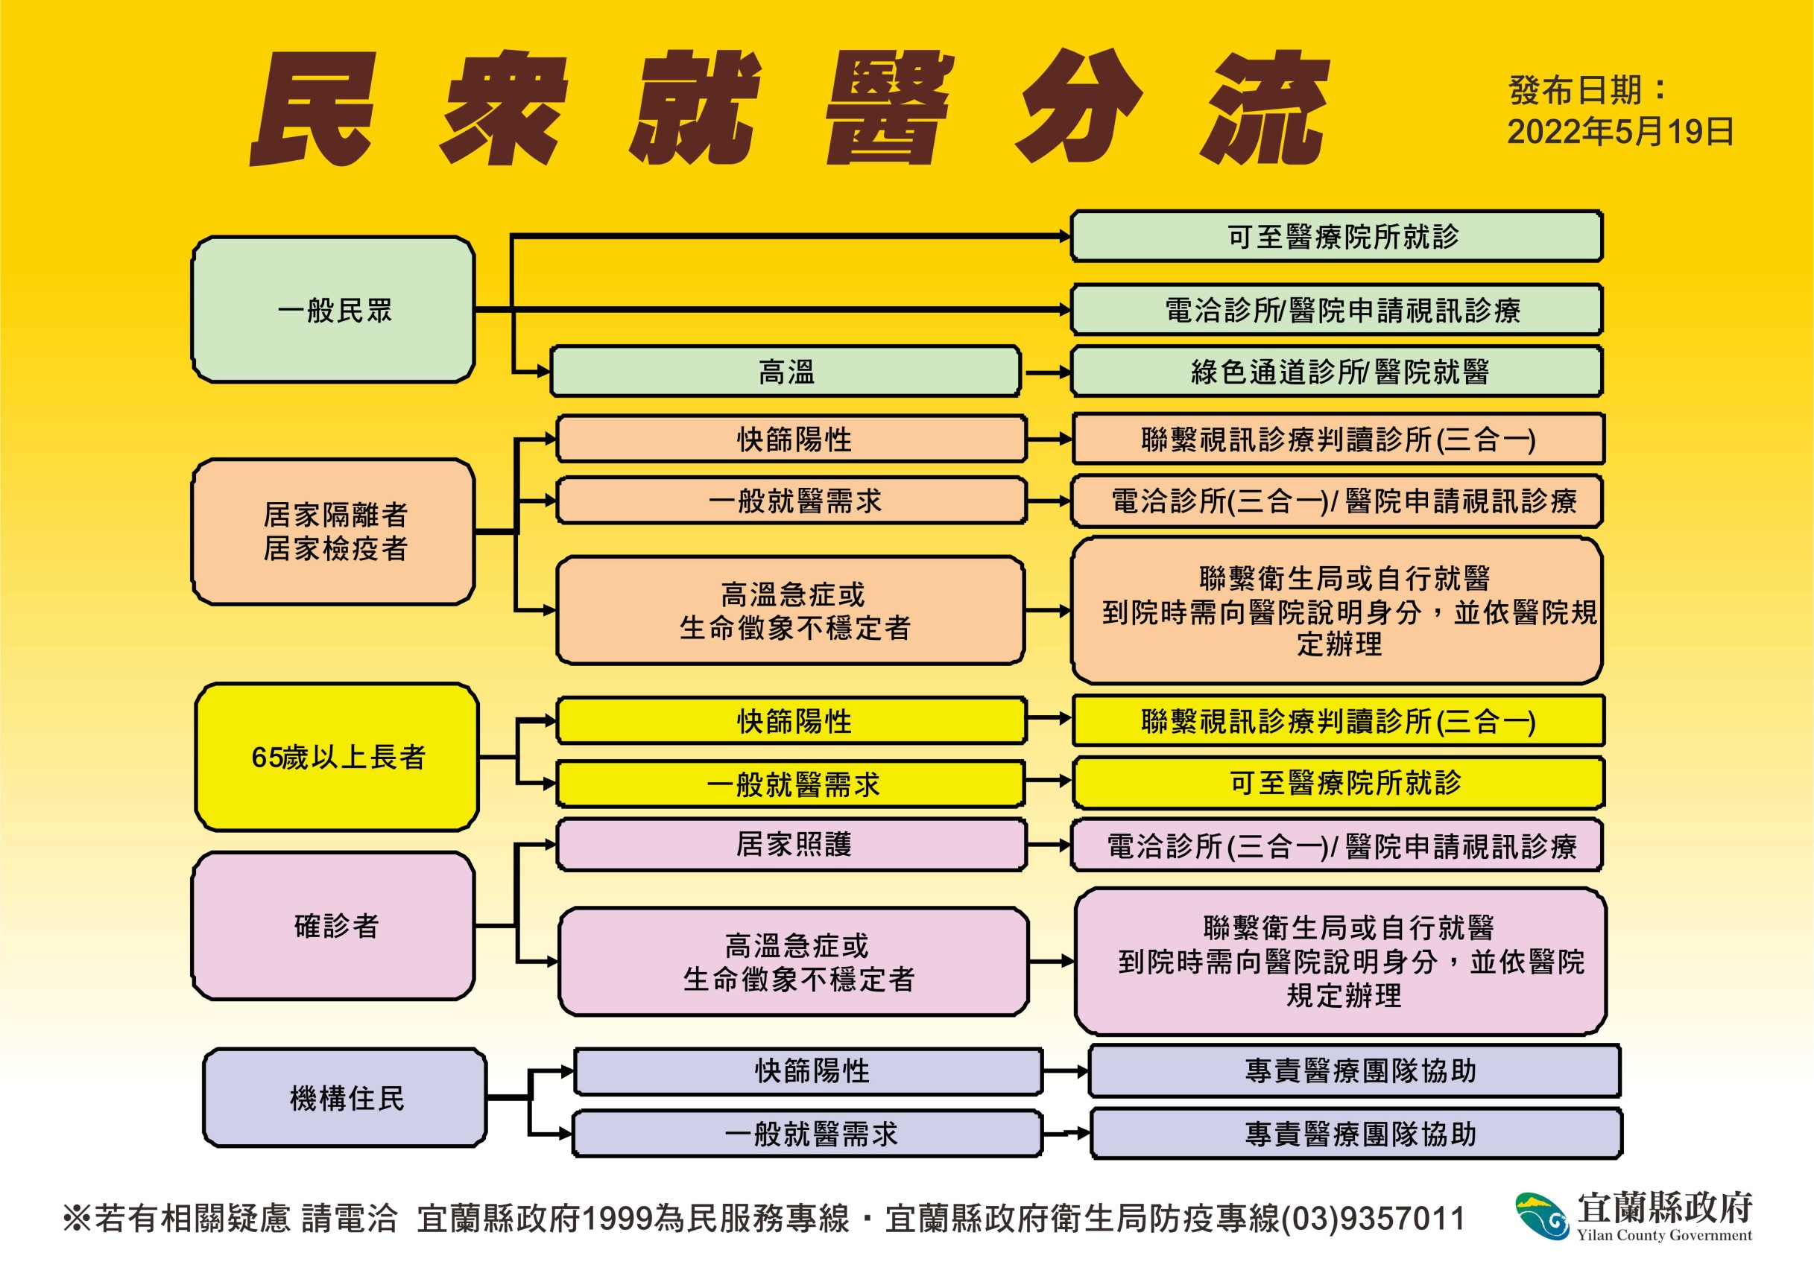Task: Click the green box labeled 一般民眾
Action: [x=333, y=310]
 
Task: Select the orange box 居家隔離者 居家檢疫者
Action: [x=333, y=532]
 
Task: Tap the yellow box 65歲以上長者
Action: [x=337, y=757]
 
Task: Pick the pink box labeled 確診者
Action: [x=333, y=926]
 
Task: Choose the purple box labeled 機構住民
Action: [x=345, y=1098]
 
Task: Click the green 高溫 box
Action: [x=786, y=371]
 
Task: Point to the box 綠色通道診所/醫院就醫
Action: [x=1337, y=371]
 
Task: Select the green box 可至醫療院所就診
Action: [x=1337, y=235]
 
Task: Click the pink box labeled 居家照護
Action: [x=791, y=845]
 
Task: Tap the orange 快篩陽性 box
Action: [x=791, y=439]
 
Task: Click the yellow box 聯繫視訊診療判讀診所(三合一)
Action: [x=1339, y=720]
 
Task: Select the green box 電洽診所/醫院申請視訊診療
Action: [x=1337, y=310]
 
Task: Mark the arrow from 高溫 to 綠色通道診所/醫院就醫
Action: [x=1046, y=372]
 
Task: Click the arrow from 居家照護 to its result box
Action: [x=1049, y=845]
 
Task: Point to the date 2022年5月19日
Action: [x=1620, y=132]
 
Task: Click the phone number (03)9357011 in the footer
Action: [x=1373, y=1218]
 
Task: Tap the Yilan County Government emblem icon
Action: [x=1541, y=1216]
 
